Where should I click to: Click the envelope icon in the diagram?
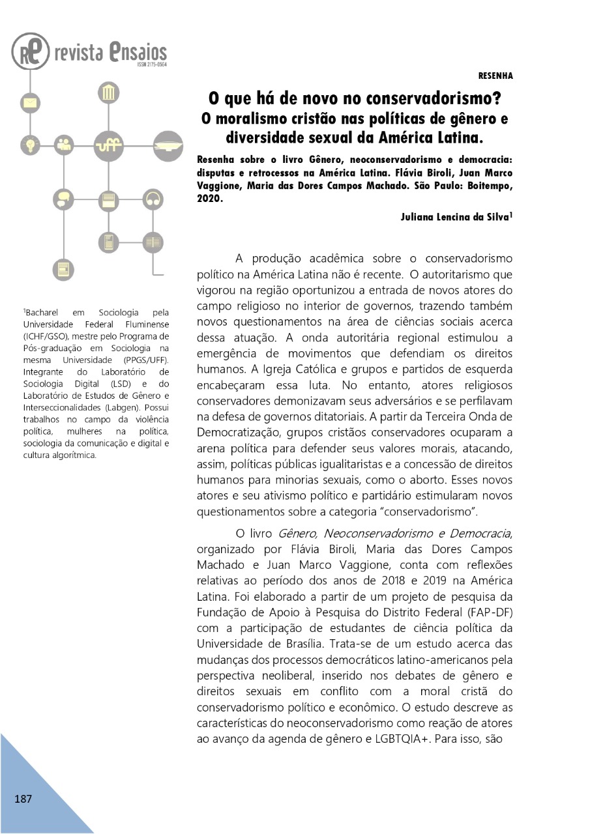click(x=30, y=103)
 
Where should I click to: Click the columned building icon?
click(x=108, y=93)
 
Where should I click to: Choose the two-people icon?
click(x=64, y=144)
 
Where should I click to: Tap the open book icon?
click(x=153, y=242)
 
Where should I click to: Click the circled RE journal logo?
click(x=30, y=51)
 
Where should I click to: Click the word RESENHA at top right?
click(x=495, y=76)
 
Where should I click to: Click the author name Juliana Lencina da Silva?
click(x=454, y=217)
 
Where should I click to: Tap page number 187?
click(x=23, y=799)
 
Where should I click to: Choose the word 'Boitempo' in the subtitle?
click(x=488, y=187)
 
